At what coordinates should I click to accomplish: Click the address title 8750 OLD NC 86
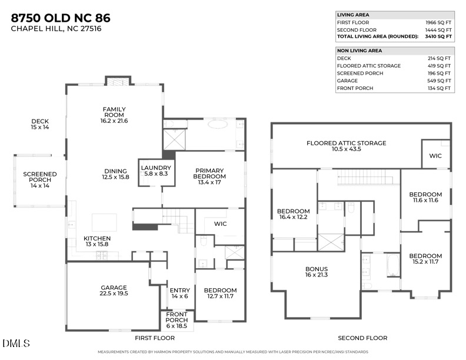tap(60, 18)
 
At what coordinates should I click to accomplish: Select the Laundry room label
tap(155, 171)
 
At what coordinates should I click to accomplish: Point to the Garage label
tap(114, 291)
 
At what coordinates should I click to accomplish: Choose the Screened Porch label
tap(40, 179)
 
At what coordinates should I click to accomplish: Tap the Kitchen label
tap(97, 241)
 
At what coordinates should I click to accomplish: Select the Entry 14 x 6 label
tap(179, 293)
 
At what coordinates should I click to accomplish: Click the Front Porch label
tap(177, 321)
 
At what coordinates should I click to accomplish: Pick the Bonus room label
tap(316, 271)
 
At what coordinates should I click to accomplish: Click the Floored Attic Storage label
tap(346, 146)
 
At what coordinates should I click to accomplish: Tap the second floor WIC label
tap(435, 156)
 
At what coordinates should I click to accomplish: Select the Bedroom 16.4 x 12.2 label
tap(293, 215)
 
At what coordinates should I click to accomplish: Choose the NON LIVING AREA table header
tap(360, 51)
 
